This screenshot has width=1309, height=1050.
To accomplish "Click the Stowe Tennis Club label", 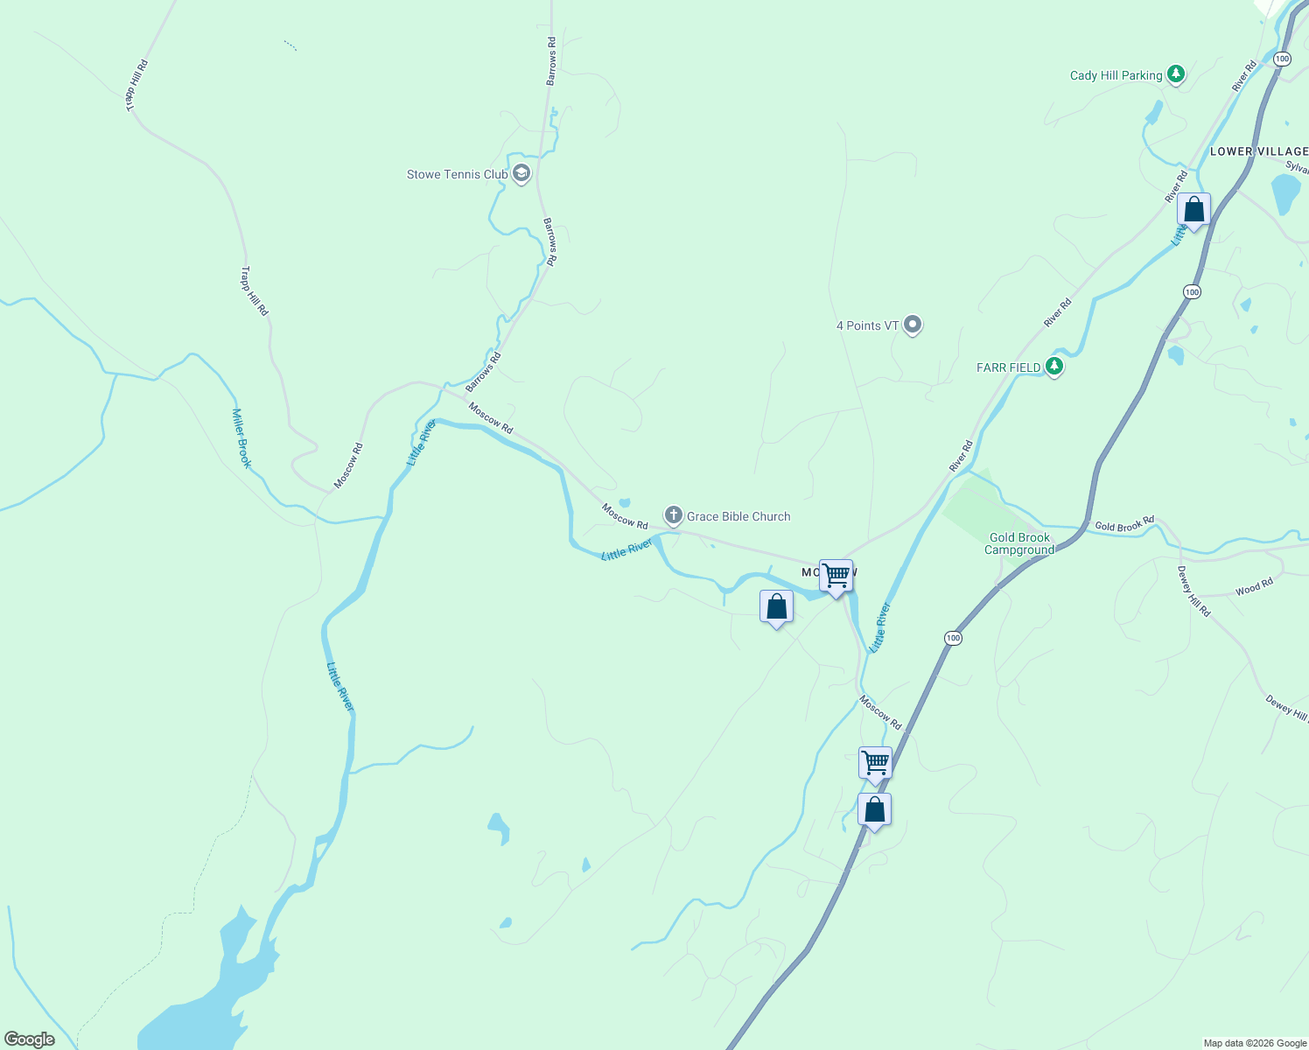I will [x=457, y=174].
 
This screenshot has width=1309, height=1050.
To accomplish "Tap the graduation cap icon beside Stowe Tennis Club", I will [x=521, y=173].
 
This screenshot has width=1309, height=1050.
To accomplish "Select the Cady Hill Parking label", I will [x=1116, y=75].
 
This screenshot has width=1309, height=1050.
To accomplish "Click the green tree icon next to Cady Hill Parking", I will [x=1177, y=74].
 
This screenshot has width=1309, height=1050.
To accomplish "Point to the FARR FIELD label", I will [x=1008, y=367].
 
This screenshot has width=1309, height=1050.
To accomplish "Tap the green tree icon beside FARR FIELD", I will [x=1054, y=367].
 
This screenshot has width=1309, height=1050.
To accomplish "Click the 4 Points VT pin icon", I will [x=913, y=325].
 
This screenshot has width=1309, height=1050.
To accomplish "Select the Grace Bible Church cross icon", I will [x=673, y=515].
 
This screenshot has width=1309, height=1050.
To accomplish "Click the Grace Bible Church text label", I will [x=738, y=516].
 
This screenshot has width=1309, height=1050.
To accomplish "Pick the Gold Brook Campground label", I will [x=1019, y=543].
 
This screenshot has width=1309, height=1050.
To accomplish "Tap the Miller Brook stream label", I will [x=241, y=437].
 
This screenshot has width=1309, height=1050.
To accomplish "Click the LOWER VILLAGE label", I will [x=1258, y=151].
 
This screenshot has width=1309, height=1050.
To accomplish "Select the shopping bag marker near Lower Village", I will [x=1193, y=211].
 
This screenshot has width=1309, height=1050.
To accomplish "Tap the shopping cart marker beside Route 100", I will [x=875, y=764].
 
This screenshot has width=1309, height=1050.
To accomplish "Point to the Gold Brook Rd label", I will [x=1124, y=525].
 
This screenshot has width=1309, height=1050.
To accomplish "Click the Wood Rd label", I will [x=1254, y=588].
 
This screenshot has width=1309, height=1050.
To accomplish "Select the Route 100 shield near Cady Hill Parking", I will [x=1282, y=59].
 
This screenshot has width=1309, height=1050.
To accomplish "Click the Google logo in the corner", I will [x=30, y=1039].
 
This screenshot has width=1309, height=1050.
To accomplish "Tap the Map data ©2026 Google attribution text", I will [x=1255, y=1043].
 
